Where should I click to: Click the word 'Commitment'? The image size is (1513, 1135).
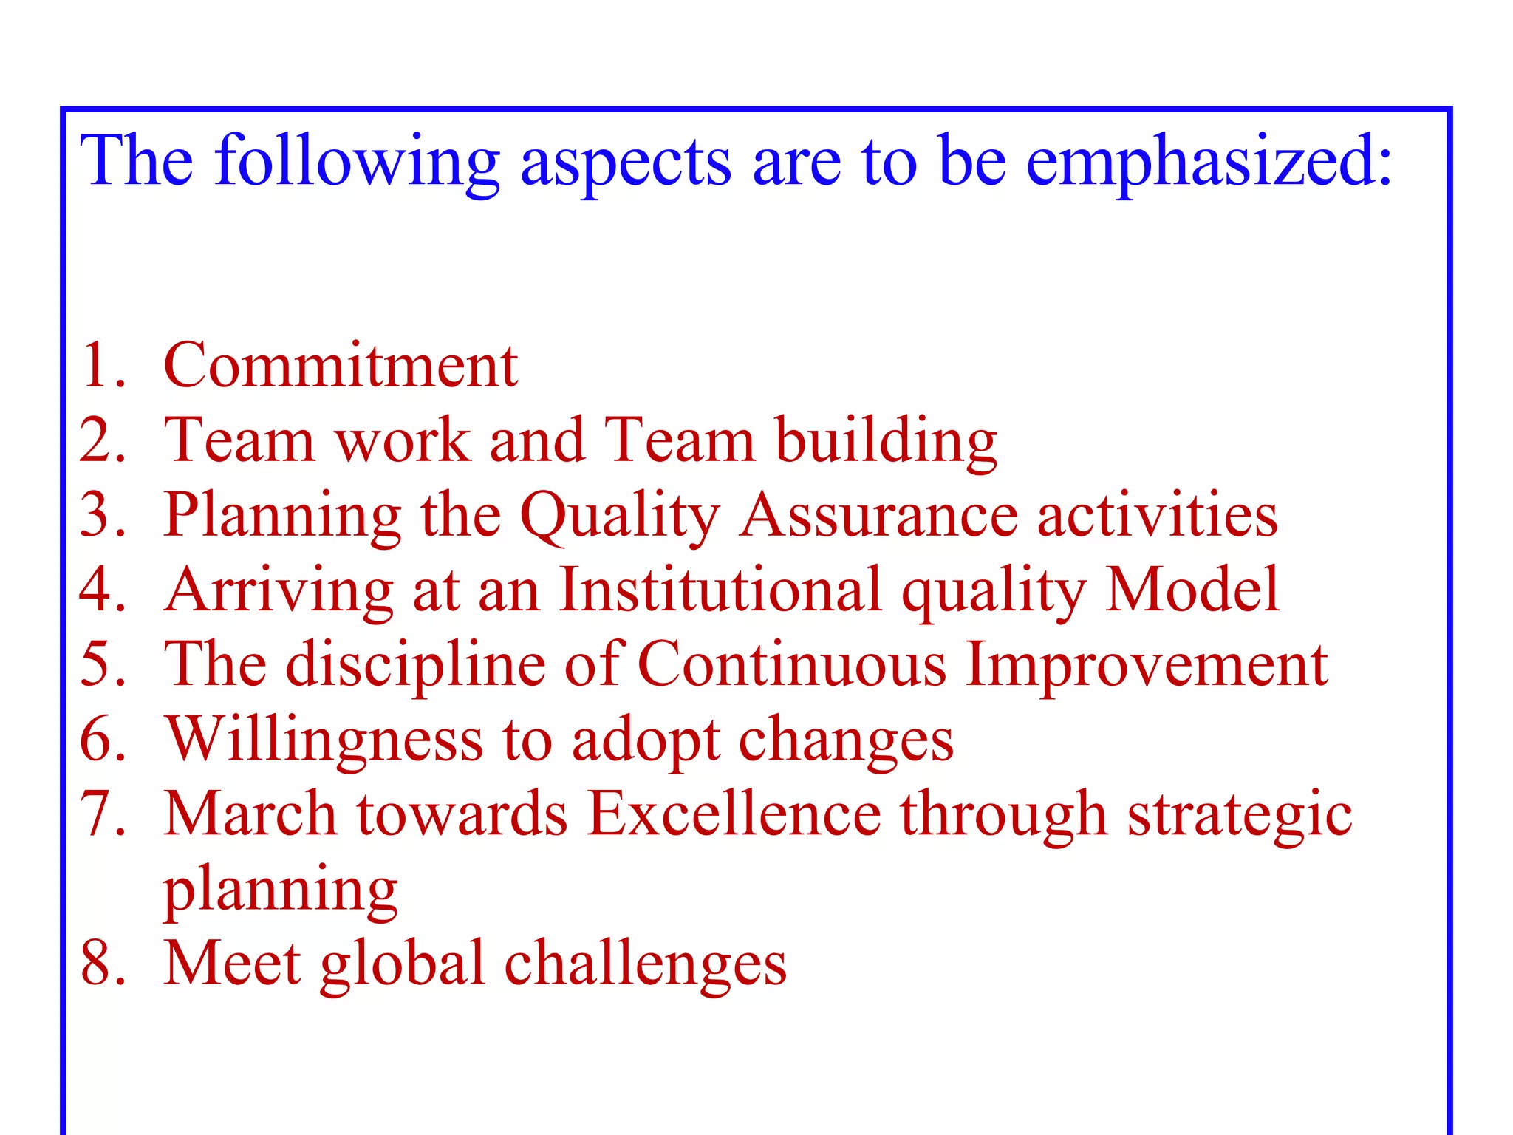point(341,365)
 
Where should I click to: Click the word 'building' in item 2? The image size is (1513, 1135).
point(886,442)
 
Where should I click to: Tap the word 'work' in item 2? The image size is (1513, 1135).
point(403,440)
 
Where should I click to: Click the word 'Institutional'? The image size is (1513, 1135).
point(720,590)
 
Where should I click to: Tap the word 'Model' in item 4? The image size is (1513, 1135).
point(1192,590)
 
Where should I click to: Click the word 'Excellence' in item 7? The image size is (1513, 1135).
point(734,814)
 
